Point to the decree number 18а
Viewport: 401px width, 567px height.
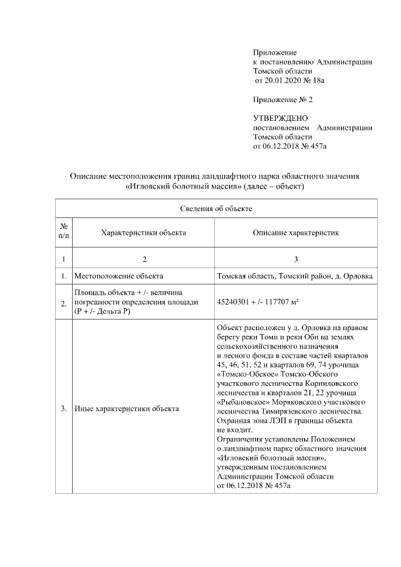322,81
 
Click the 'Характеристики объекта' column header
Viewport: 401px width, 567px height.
143,232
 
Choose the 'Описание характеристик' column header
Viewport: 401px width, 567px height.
296,232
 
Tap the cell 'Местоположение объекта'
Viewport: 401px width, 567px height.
119,276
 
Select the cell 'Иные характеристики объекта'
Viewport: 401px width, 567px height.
127,409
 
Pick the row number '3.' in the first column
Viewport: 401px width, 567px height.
64,409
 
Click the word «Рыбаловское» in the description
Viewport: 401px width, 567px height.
241,401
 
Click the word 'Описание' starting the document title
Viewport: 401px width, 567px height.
88,177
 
